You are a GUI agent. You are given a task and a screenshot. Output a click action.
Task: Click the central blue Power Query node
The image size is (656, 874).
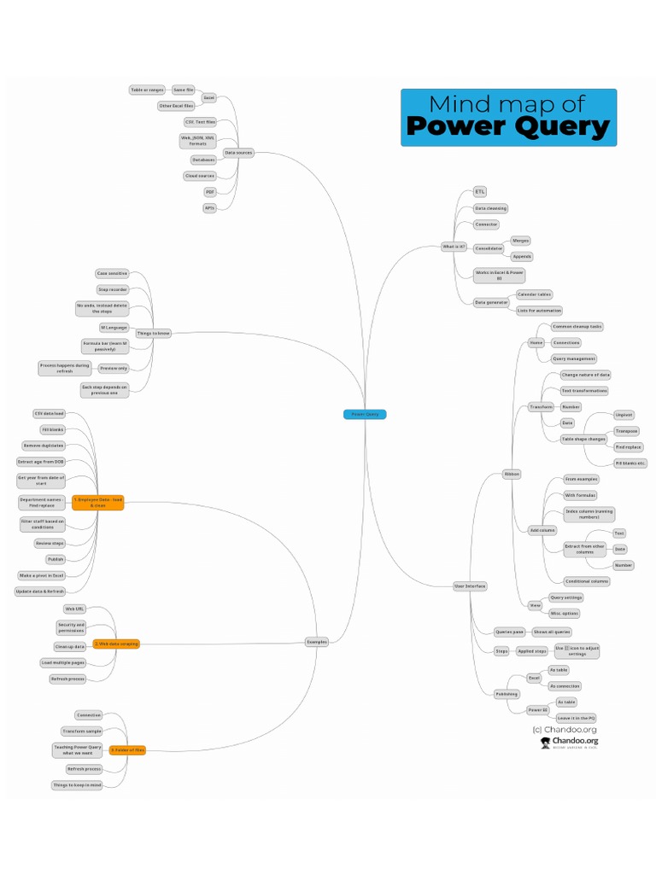(365, 414)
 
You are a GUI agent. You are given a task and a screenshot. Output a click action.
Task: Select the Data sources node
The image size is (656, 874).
(237, 153)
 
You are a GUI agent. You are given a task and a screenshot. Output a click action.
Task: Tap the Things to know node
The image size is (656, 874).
(153, 333)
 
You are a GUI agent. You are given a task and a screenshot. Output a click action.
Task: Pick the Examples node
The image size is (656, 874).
(316, 641)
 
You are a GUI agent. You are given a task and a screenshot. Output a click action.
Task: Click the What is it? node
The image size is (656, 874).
(454, 247)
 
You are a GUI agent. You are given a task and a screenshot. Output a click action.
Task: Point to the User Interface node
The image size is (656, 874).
(470, 586)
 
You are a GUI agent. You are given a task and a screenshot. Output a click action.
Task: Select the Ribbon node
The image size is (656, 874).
(512, 473)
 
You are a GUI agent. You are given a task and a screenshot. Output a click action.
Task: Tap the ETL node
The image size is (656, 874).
(480, 192)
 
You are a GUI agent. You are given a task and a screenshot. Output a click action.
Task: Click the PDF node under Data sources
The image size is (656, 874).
(210, 192)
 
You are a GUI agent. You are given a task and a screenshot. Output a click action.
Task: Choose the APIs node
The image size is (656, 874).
(210, 208)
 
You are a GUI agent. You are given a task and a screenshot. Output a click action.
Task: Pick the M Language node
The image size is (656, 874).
(114, 327)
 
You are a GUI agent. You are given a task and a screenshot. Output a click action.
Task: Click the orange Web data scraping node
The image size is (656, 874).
(116, 644)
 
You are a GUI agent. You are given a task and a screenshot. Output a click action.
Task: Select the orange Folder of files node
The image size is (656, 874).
(128, 750)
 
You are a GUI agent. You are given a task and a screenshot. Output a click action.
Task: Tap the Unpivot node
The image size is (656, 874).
(624, 415)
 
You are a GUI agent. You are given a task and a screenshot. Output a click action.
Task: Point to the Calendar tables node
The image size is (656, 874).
(534, 294)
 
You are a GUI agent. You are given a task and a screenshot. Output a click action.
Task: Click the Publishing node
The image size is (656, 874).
(507, 694)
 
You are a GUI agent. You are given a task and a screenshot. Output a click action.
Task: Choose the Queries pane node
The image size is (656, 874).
(509, 632)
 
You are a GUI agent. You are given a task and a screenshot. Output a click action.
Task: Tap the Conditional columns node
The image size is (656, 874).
(587, 581)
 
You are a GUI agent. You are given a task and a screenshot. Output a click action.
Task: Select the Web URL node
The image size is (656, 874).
(74, 609)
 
